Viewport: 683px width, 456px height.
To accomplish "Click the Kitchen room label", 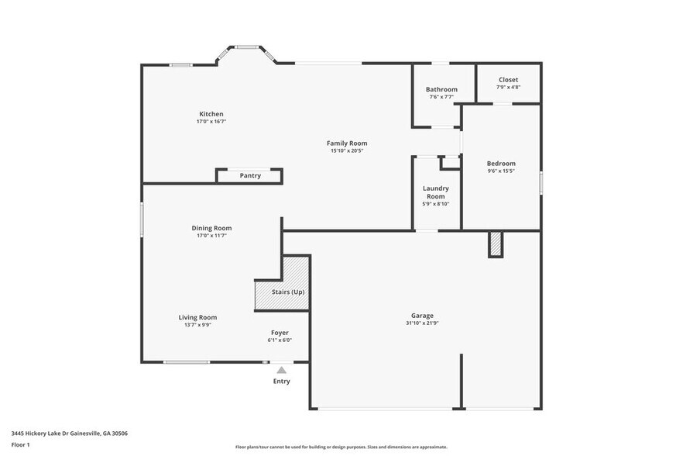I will click(x=211, y=114).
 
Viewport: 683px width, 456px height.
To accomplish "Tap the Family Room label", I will click(x=346, y=143).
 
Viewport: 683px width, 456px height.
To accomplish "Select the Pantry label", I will click(x=250, y=176).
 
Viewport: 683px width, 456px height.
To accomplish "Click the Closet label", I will click(x=508, y=80).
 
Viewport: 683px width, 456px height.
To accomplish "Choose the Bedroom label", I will click(x=500, y=164).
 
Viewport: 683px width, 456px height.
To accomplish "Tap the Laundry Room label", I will click(x=435, y=192).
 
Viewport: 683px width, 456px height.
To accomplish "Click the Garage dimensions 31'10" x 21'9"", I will click(x=422, y=323).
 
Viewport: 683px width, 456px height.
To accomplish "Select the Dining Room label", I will click(x=211, y=228).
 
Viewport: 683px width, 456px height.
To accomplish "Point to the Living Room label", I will click(x=197, y=317).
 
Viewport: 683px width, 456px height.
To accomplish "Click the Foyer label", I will click(x=280, y=332).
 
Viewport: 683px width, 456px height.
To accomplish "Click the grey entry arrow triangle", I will click(x=281, y=371).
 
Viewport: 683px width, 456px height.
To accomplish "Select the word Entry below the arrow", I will click(x=281, y=382).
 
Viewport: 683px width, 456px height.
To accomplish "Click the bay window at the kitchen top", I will click(x=246, y=49).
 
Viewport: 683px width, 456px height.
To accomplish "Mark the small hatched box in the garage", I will click(x=496, y=245).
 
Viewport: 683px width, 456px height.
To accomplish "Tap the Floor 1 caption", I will click(x=20, y=444).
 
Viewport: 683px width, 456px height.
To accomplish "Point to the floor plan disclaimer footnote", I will click(x=341, y=447).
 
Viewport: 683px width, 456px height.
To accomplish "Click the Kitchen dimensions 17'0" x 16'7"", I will click(x=211, y=122).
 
